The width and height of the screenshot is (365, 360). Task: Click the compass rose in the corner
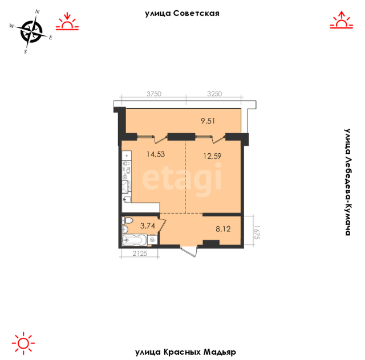click(31, 32)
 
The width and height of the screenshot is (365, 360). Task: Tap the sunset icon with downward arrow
click(67, 22)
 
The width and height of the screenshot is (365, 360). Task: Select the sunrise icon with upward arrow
click(342, 20)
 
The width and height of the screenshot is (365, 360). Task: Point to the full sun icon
click(23, 343)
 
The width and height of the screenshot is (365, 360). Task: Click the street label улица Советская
click(182, 14)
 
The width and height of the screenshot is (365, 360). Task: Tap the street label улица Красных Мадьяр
click(185, 352)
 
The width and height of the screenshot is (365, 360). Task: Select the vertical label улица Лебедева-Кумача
click(347, 182)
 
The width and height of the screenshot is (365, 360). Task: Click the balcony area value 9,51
click(208, 121)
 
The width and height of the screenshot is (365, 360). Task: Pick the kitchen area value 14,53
click(156, 154)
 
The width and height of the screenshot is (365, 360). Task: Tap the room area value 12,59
click(212, 156)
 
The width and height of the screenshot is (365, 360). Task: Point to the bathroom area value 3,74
click(148, 226)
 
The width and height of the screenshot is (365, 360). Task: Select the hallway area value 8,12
click(223, 229)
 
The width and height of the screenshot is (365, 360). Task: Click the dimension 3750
click(154, 94)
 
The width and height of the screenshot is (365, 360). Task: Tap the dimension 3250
click(214, 94)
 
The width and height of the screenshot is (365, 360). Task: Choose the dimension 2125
click(140, 253)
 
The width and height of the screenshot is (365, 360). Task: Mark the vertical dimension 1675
click(257, 232)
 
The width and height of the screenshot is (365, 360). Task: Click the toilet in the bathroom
click(127, 220)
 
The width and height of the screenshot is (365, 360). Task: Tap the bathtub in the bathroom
click(135, 240)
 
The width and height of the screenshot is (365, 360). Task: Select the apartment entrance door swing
click(189, 251)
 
